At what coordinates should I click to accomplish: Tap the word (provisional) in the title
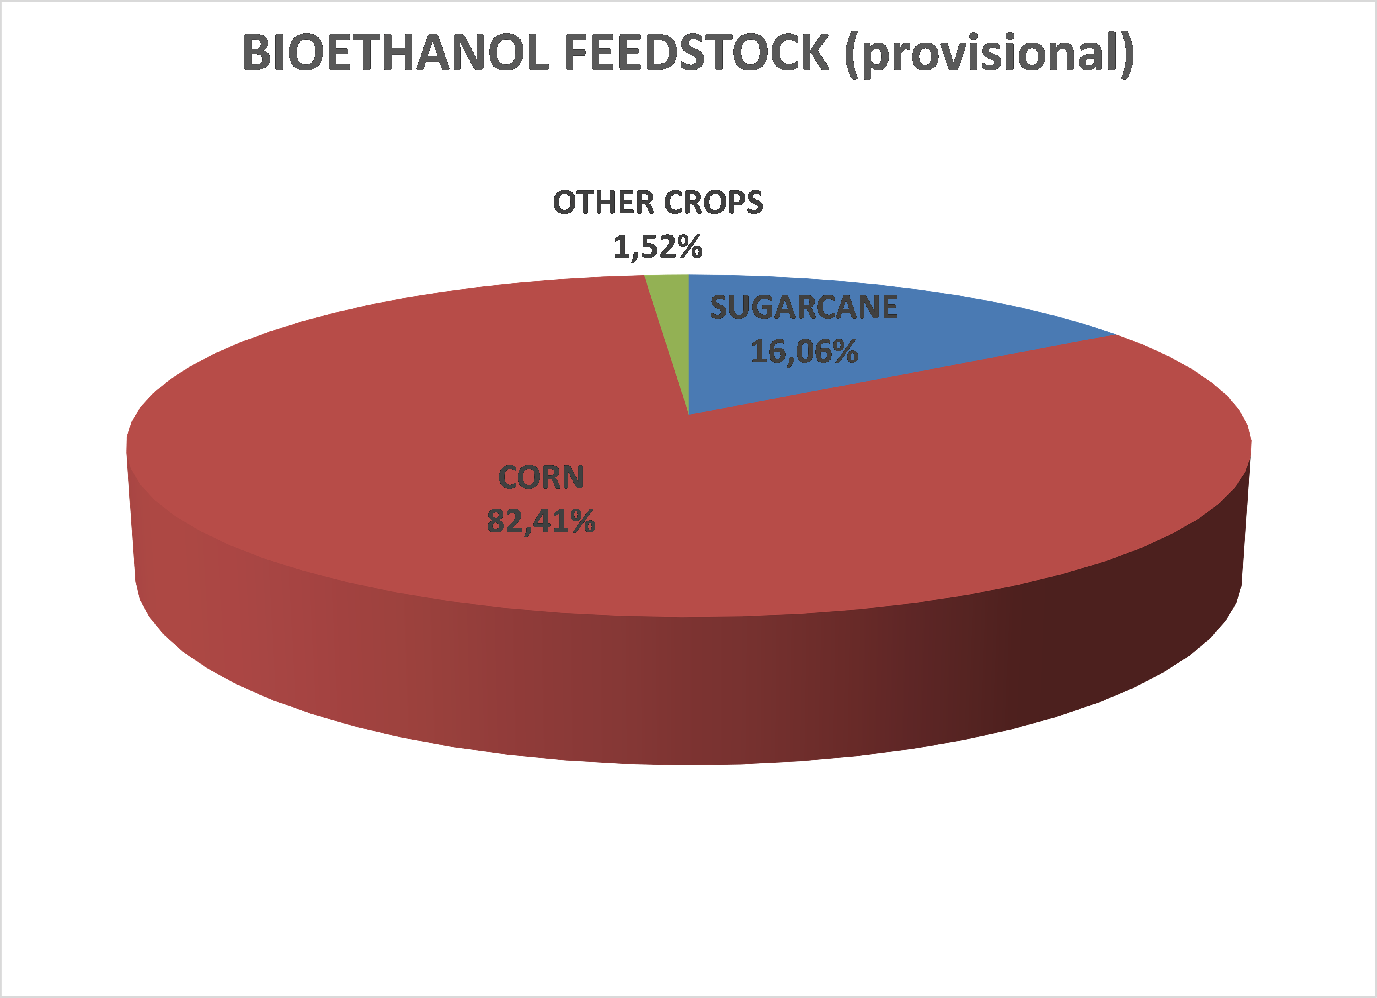pyautogui.click(x=989, y=55)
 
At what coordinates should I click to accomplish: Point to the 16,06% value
pyautogui.click(x=804, y=352)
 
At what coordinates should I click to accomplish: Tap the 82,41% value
pyautogui.click(x=541, y=521)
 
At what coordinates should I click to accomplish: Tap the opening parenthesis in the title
pyautogui.click(x=851, y=55)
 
